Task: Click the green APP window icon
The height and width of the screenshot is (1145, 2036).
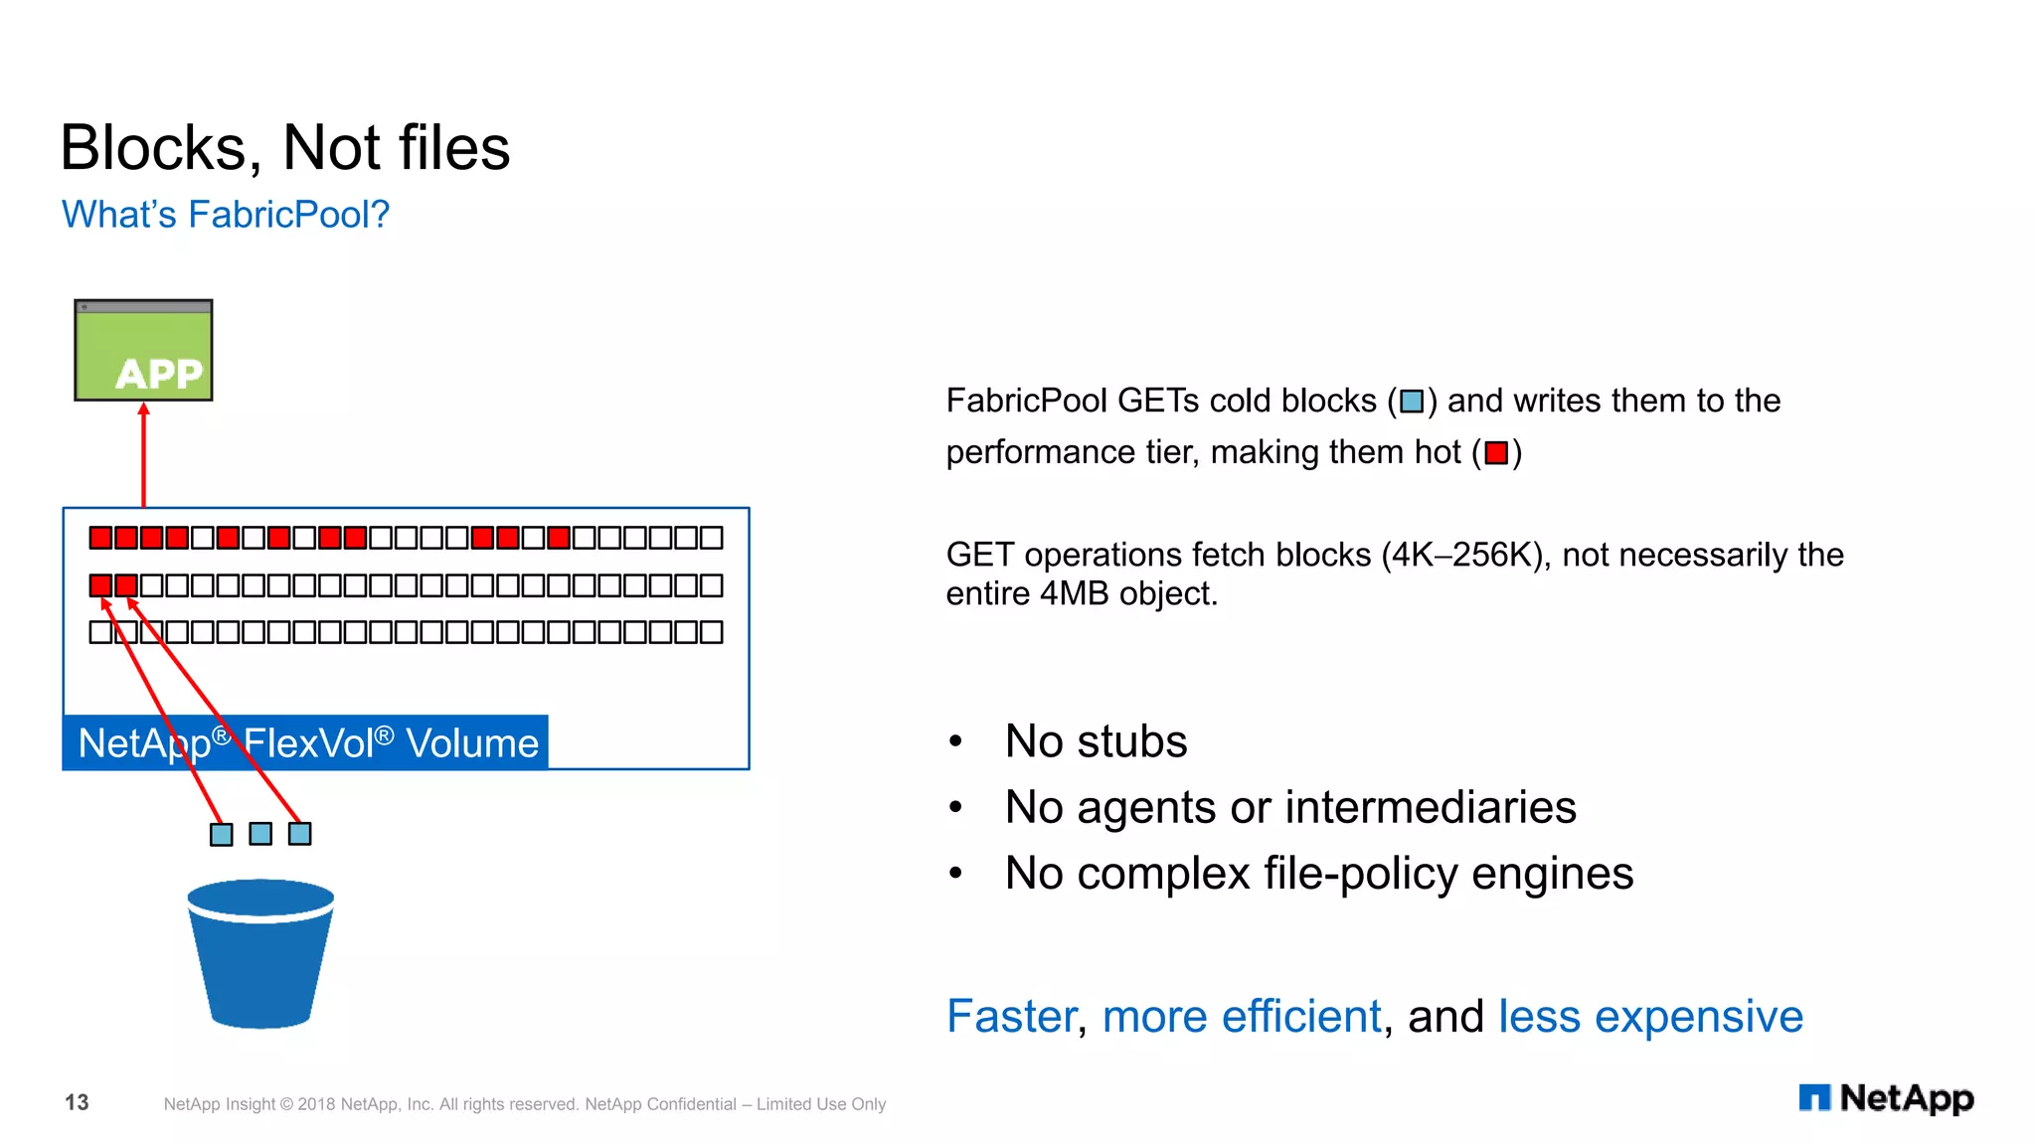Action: click(143, 351)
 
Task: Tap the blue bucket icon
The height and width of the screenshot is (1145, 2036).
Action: click(260, 954)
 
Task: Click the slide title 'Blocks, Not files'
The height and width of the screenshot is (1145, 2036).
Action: click(284, 148)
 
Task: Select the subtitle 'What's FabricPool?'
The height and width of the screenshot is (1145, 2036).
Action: click(226, 215)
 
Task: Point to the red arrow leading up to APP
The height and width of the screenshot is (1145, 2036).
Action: click(143, 457)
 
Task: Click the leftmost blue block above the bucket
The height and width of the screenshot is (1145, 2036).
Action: click(222, 834)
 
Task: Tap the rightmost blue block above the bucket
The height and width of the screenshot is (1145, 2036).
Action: click(299, 834)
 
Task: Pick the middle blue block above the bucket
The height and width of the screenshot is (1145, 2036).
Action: click(260, 834)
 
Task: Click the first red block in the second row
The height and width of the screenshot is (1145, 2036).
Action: click(100, 585)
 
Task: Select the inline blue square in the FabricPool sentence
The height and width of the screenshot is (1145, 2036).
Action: click(1412, 402)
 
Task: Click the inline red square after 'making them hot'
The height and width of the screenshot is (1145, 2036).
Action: click(1496, 453)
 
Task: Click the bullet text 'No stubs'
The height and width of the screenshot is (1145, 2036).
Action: click(1096, 741)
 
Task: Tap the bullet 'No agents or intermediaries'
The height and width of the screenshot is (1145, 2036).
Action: click(1289, 807)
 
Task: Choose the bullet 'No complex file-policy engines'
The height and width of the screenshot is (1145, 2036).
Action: click(1318, 874)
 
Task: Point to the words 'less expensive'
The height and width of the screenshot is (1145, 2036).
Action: click(1649, 1017)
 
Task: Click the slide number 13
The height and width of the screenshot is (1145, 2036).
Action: click(77, 1102)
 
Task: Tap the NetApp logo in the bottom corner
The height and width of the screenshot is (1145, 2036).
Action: click(1886, 1098)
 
